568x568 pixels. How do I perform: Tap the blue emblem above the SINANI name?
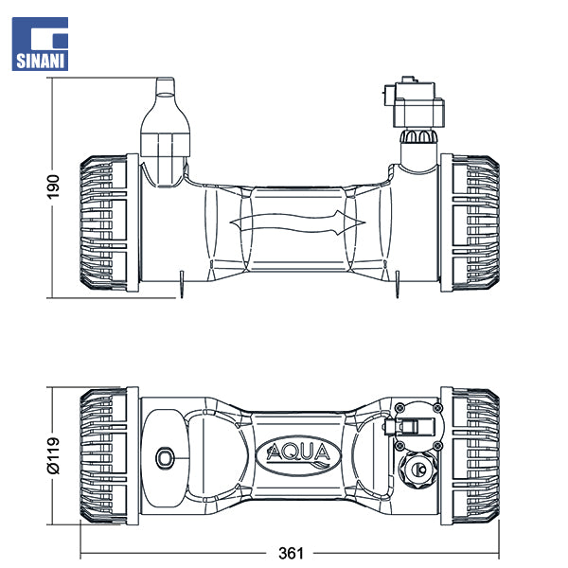click(x=40, y=34)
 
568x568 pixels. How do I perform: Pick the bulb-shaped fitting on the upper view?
click(x=168, y=128)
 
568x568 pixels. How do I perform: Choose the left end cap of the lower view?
click(x=106, y=456)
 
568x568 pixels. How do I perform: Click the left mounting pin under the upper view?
click(x=180, y=282)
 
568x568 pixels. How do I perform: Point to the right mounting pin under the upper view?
click(x=400, y=282)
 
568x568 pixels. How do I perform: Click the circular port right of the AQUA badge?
click(x=417, y=470)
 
